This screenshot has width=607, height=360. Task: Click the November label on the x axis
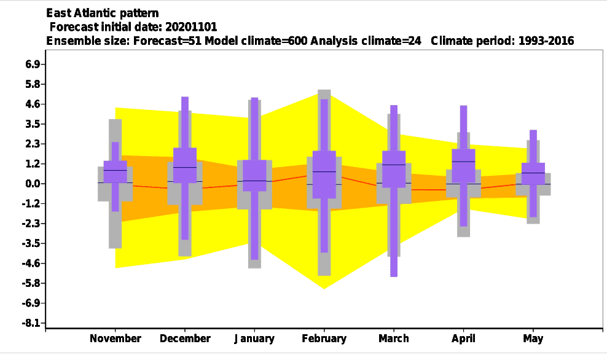point(116,338)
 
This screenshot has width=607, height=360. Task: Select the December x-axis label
point(185,338)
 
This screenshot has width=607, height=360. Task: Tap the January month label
point(254,338)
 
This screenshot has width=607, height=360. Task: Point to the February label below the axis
point(324,338)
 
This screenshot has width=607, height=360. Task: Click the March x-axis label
point(394,338)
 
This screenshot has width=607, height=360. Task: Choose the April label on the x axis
point(463,338)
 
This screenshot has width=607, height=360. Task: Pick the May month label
point(533,338)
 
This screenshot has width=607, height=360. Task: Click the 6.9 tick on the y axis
point(33,65)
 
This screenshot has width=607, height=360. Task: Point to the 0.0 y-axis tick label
point(33,184)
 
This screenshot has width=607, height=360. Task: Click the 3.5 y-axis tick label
point(33,124)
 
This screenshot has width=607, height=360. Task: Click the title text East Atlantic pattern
point(103,13)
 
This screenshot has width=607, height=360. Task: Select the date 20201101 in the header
point(191,27)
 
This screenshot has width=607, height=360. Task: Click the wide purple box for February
point(324,174)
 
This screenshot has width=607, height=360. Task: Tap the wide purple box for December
point(185,165)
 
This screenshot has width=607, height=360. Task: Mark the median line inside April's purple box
point(463,162)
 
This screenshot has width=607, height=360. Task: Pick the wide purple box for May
point(533,174)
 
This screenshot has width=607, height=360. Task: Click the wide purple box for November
point(116,172)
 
